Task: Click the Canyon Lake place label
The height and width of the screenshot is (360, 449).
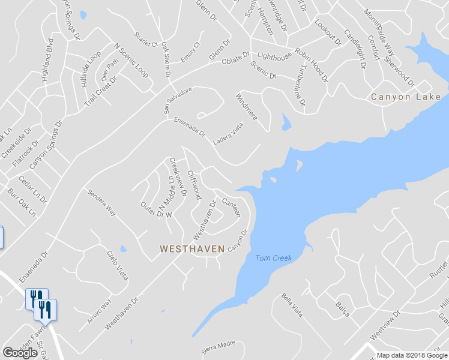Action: click(x=406, y=97)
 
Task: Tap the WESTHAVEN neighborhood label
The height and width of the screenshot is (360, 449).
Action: click(x=192, y=248)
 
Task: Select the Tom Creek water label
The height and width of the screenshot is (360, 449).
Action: click(x=273, y=258)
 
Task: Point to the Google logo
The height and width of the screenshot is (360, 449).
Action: click(x=20, y=353)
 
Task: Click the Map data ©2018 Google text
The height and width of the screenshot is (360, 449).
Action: click(x=412, y=355)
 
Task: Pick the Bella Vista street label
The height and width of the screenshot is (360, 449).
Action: click(x=292, y=305)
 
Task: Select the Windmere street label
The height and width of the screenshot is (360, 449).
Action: click(x=247, y=107)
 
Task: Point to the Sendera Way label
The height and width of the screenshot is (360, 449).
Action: click(x=101, y=202)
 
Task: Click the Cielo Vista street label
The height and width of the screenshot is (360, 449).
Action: click(x=118, y=265)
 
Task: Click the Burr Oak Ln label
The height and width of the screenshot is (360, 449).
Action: click(x=22, y=203)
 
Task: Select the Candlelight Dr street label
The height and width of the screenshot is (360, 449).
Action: click(x=354, y=48)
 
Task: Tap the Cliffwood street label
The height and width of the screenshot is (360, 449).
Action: click(x=193, y=184)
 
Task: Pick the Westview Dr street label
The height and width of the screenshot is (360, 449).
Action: click(x=384, y=323)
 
